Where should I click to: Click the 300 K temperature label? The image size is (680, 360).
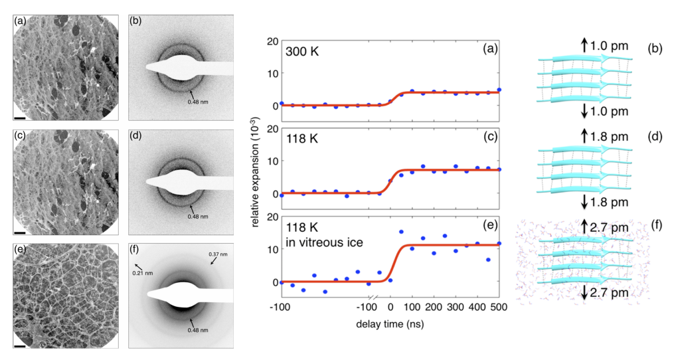[x=302, y=50]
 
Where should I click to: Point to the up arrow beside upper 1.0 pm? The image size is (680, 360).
[x=584, y=45]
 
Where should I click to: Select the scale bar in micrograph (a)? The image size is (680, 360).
[x=19, y=119]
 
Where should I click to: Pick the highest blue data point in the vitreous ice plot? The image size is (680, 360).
[x=401, y=232]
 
